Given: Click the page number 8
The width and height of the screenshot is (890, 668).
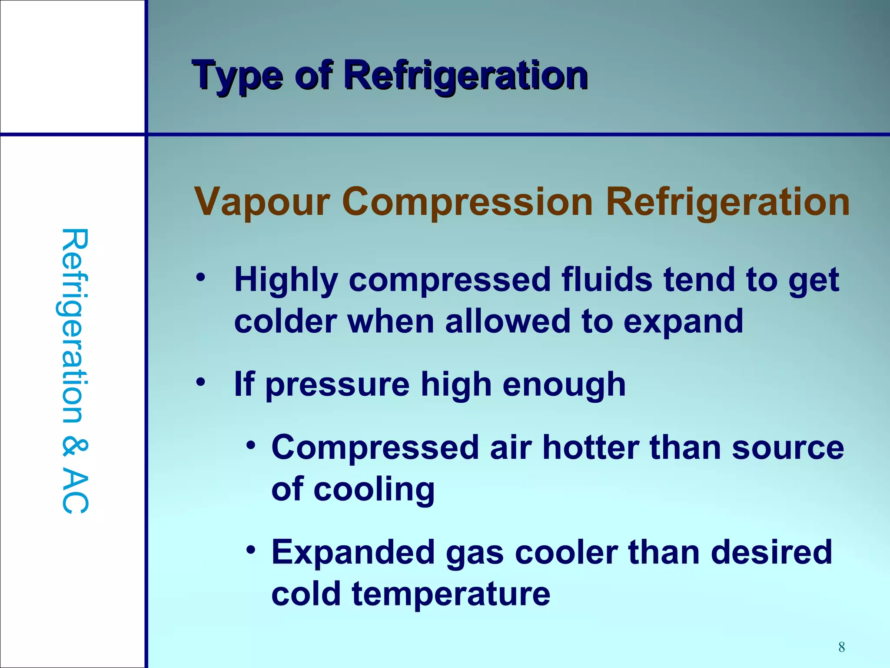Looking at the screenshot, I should coord(841,647).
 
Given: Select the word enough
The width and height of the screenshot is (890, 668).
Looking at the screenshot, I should coord(564,385).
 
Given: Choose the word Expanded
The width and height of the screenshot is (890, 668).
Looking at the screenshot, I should coord(353,553).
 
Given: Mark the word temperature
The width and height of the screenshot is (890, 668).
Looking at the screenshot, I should coord(451,594).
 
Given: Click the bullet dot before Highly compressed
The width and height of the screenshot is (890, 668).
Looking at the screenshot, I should coord(200,277).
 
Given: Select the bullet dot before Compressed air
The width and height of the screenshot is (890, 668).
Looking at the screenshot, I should coord(250,445).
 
